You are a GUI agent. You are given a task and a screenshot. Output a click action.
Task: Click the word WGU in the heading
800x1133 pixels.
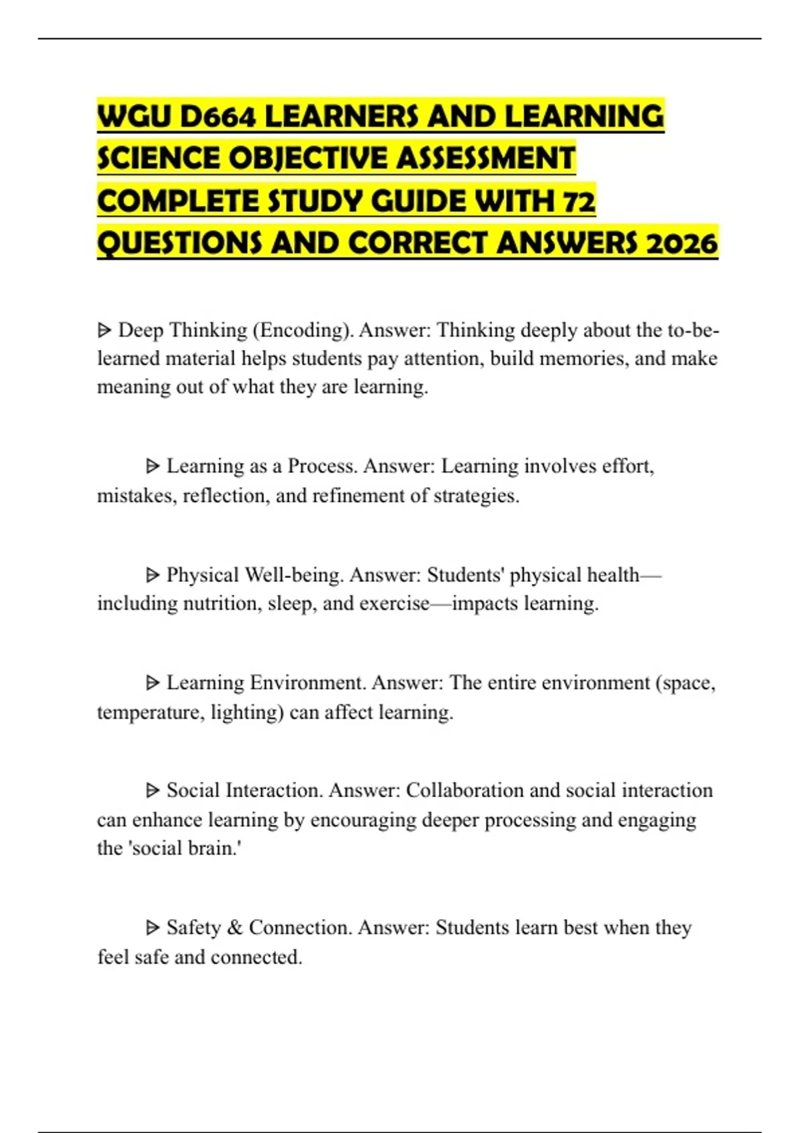pos(134,117)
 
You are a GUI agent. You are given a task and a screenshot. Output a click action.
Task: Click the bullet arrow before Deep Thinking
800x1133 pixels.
pos(104,330)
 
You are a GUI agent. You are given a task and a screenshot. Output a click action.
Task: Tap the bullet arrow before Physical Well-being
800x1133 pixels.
pos(153,574)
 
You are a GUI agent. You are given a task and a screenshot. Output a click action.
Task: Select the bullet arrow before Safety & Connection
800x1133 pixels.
pos(153,927)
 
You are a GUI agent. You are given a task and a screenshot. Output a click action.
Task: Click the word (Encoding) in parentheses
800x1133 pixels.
pos(303,330)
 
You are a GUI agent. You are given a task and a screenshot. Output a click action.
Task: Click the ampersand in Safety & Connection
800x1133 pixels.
pos(235,927)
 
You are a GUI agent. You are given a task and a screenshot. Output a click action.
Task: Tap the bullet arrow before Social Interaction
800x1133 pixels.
pos(153,790)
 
